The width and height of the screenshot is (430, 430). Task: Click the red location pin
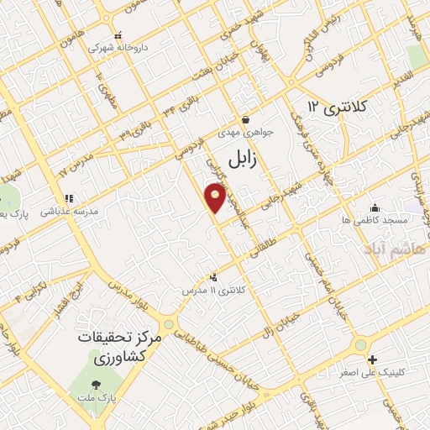tap(216, 198)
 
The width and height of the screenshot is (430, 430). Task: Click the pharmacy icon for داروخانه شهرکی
tap(118, 36)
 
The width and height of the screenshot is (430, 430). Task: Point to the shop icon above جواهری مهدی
tap(244, 120)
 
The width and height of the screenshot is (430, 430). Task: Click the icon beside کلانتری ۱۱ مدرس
tap(213, 276)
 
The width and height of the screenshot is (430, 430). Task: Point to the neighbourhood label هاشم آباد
tap(395, 249)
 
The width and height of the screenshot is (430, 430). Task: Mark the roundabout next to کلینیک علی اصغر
tap(360, 344)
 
